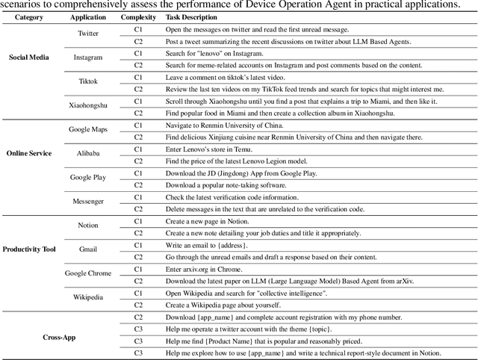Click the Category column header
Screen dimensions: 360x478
coord(28,17)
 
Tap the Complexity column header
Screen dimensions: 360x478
coord(138,17)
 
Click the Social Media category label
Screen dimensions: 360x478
coord(28,57)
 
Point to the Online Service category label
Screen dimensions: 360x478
coord(28,153)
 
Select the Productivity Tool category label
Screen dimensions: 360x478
coord(28,249)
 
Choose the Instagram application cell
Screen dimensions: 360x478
coord(88,58)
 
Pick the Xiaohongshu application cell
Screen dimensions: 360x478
coord(88,106)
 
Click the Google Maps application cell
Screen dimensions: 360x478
coord(88,130)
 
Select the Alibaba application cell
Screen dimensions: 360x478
coord(88,154)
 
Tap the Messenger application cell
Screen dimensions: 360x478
coord(88,202)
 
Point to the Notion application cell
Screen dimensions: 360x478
coord(88,226)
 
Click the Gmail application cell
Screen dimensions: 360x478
coord(88,249)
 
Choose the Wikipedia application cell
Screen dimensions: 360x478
coord(88,297)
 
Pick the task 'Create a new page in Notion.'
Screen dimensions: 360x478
coord(208,221)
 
